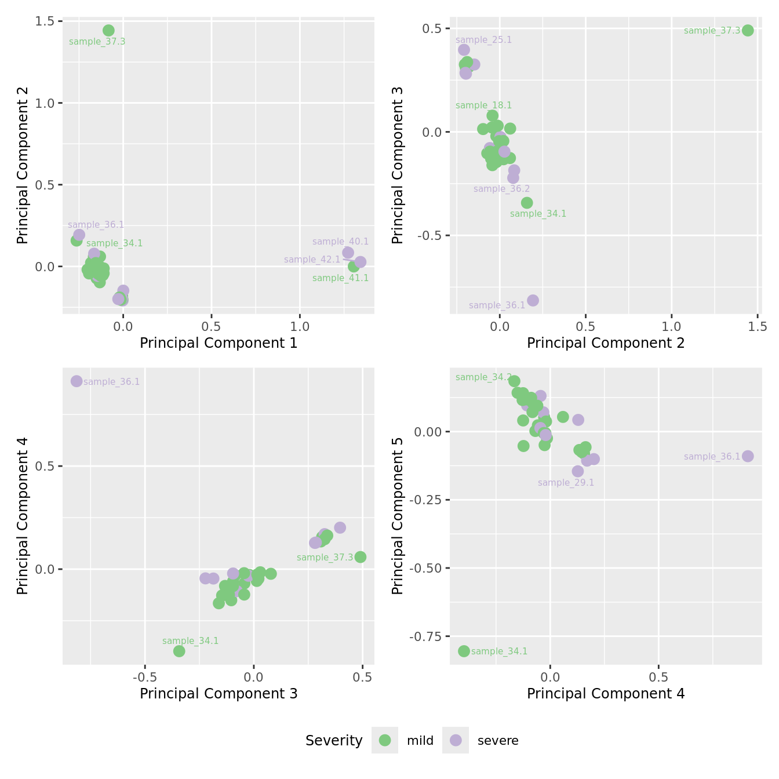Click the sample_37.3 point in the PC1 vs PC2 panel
108,31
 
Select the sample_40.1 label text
340,242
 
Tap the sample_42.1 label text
312,260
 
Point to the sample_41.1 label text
340,278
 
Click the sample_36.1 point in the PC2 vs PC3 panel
533,300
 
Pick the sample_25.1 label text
483,40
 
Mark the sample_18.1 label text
483,105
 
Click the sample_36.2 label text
501,189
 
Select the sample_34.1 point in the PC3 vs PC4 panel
179,651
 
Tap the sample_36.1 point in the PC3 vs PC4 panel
77,381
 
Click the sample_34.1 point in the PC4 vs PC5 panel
464,651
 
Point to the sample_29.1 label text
566,483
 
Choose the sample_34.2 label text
483,377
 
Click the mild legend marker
385,740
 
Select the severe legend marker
456,740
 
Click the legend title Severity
334,741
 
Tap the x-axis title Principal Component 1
219,343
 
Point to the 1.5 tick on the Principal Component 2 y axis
45,21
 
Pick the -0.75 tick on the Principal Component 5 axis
426,637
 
